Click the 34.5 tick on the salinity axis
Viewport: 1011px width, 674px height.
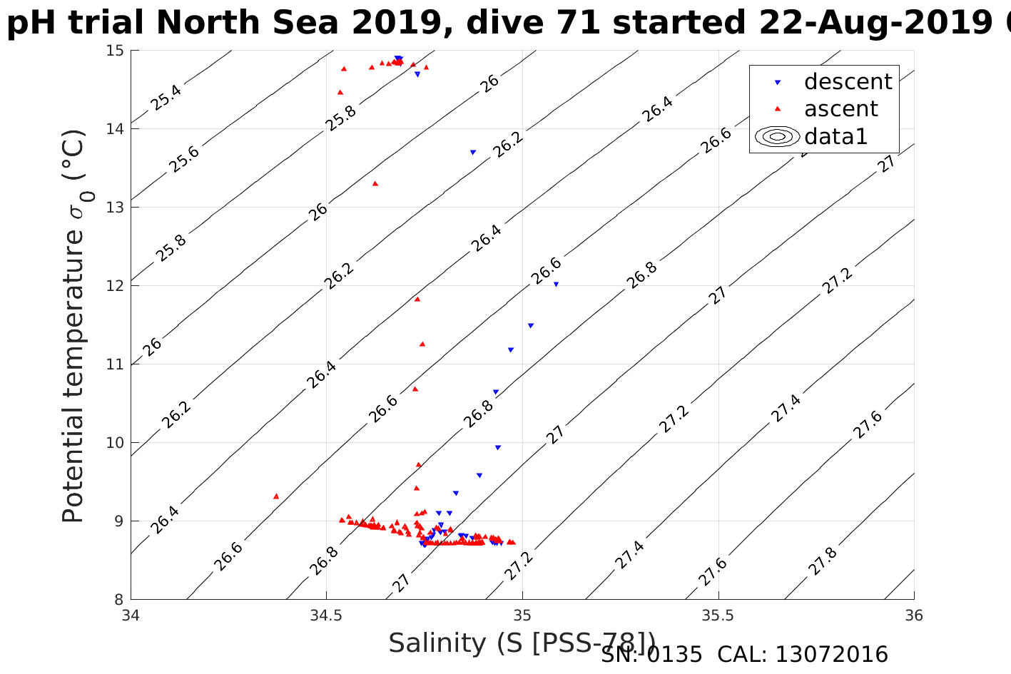pyautogui.click(x=326, y=615)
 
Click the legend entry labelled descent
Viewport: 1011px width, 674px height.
pyautogui.click(x=848, y=82)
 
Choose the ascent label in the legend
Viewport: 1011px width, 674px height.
pyautogui.click(x=840, y=109)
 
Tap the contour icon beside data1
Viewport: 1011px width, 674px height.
pyautogui.click(x=777, y=136)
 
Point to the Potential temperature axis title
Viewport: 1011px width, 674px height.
pyautogui.click(x=73, y=326)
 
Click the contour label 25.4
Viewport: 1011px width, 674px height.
pyautogui.click(x=166, y=97)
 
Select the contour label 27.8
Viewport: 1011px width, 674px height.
pyautogui.click(x=823, y=561)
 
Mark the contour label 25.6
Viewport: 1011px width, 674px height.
pyautogui.click(x=184, y=159)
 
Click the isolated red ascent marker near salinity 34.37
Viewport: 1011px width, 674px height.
pyautogui.click(x=276, y=496)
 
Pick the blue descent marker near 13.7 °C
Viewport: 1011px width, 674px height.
pyautogui.click(x=472, y=152)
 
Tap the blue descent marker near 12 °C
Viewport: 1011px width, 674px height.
pyautogui.click(x=556, y=284)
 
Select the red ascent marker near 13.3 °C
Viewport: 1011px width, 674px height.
pyautogui.click(x=375, y=183)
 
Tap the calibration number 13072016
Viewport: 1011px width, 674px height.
pyautogui.click(x=831, y=655)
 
